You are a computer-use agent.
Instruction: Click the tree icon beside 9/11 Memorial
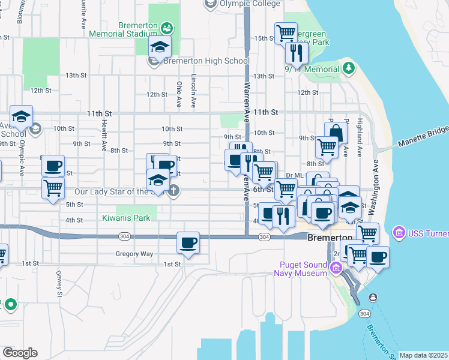pos(349,68)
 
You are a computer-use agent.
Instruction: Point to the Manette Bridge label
pos(423,137)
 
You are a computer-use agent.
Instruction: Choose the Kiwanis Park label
pos(125,218)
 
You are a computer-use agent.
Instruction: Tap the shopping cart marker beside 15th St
pos(286,32)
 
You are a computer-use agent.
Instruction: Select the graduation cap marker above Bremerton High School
pos(160,46)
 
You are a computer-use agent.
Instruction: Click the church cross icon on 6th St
pos(173,191)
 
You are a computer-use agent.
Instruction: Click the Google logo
pos(20,353)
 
